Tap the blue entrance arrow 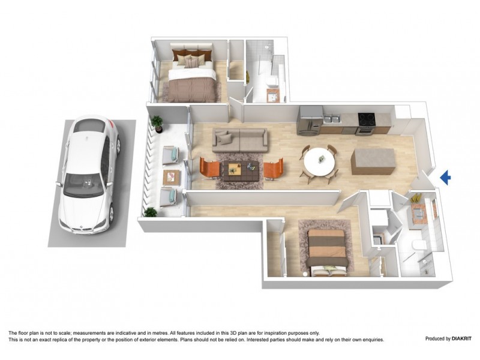(445, 177)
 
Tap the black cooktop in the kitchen (366, 117)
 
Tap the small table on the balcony (172, 176)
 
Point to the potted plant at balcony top (157, 123)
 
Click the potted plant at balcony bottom (150, 212)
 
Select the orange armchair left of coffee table (210, 168)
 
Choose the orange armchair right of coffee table (273, 168)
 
